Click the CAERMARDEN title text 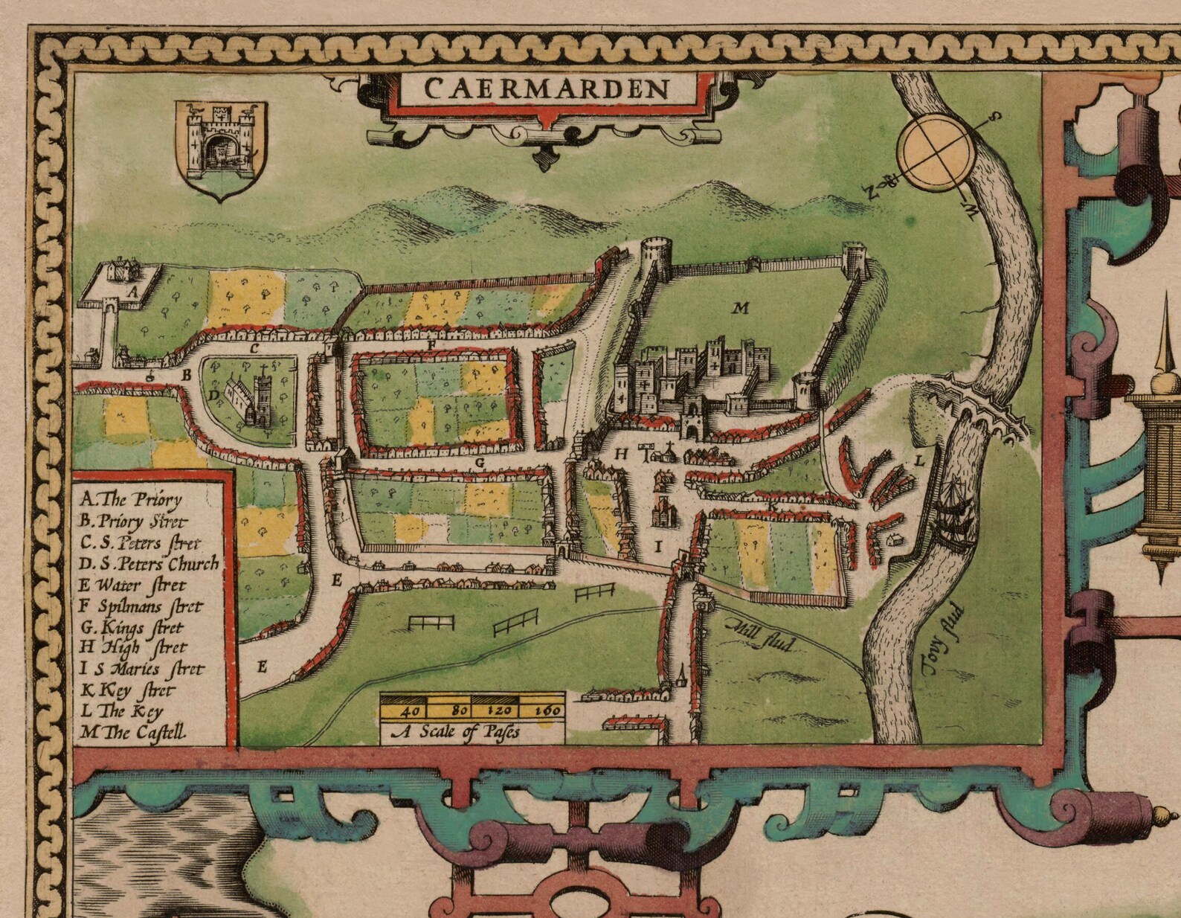pyautogui.click(x=547, y=89)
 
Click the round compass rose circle pyautogui.click(x=935, y=153)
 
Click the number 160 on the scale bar pyautogui.click(x=548, y=710)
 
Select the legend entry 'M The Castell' pyautogui.click(x=134, y=732)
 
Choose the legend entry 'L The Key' pyautogui.click(x=122, y=710)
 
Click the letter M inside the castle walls pyautogui.click(x=740, y=307)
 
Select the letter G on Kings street pyautogui.click(x=480, y=462)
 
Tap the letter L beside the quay pyautogui.click(x=918, y=460)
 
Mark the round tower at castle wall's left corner pyautogui.click(x=654, y=258)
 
